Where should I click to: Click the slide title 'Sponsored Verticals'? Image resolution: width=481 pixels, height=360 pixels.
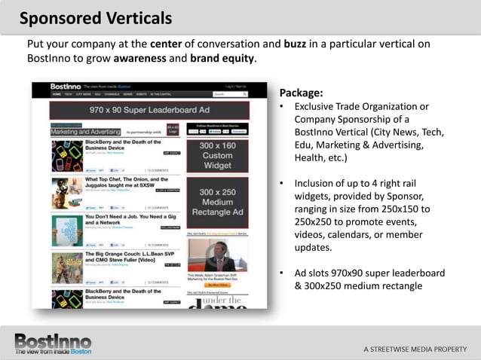click(x=95, y=17)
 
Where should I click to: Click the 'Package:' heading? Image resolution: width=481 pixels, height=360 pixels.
click(x=301, y=93)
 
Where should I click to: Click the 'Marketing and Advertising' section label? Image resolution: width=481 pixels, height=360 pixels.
click(x=82, y=131)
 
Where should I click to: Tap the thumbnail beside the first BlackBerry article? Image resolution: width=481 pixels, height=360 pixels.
click(x=66, y=154)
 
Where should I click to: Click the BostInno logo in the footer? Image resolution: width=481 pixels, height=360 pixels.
click(x=54, y=343)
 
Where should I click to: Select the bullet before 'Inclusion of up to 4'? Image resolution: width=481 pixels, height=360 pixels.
click(x=281, y=183)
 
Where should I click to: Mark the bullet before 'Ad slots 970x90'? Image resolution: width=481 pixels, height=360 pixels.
click(x=281, y=273)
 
